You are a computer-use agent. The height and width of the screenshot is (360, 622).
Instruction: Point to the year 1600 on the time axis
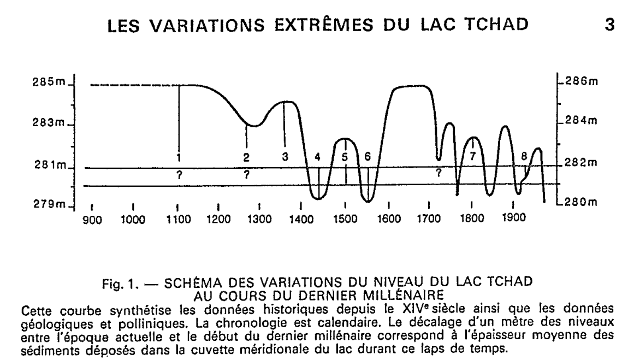[388, 220]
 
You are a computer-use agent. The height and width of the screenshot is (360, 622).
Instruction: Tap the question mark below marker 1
[178, 175]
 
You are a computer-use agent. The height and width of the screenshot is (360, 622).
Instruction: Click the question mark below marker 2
[247, 175]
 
